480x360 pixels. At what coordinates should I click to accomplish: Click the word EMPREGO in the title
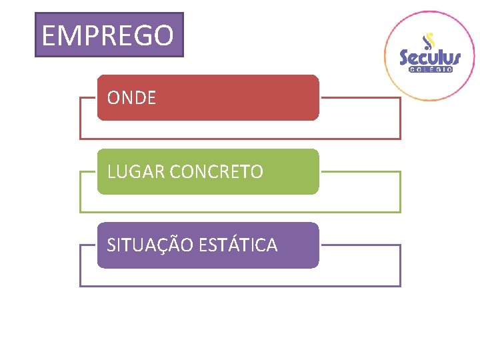tap(108, 35)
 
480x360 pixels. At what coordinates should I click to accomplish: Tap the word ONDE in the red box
tap(131, 98)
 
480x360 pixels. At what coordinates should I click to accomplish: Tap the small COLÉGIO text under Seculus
tap(431, 69)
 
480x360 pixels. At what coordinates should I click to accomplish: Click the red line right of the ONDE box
tap(360, 98)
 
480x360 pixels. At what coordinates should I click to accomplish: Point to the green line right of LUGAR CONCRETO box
tap(360, 171)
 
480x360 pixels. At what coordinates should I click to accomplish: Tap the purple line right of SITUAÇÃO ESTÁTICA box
tap(360, 245)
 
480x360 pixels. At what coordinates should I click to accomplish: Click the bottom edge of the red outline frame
tap(240, 139)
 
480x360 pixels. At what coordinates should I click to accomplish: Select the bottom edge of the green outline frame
tap(240, 212)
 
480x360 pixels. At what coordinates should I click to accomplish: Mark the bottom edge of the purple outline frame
tap(240, 286)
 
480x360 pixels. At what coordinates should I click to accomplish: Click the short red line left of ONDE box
tap(88, 98)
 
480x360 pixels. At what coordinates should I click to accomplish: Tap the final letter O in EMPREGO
tap(163, 35)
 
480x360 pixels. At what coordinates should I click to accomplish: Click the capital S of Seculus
tap(406, 58)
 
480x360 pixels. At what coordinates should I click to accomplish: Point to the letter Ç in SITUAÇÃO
tap(163, 246)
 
